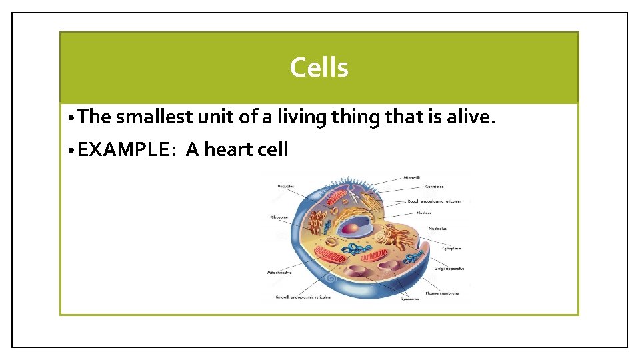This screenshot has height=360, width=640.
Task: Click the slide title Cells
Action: [x=319, y=67]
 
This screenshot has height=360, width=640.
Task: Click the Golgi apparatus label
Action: [x=449, y=269]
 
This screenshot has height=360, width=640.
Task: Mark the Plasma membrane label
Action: [x=442, y=293]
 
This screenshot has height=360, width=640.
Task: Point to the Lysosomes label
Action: [x=410, y=299]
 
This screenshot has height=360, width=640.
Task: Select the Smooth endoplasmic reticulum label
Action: [x=303, y=297]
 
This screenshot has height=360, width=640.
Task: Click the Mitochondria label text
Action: [x=279, y=273]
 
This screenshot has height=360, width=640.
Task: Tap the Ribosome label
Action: [x=279, y=217]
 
